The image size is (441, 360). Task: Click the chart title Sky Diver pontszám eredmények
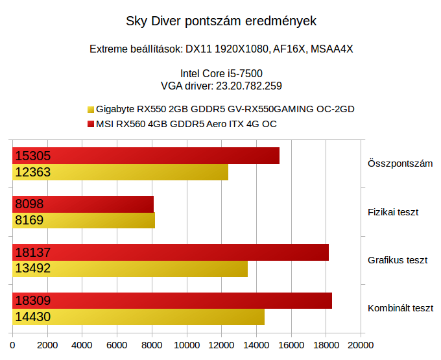click(220, 21)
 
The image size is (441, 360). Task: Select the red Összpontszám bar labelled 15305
click(146, 156)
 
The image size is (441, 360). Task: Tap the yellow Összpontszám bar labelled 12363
click(121, 172)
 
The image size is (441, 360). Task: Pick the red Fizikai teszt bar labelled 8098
click(83, 204)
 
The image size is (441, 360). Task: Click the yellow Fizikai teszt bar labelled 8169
click(84, 221)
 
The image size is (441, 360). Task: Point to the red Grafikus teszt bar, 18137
click(171, 252)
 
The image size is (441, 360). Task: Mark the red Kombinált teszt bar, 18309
click(173, 301)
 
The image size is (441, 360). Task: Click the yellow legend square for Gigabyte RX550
click(90, 109)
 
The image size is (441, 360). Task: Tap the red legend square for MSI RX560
click(90, 124)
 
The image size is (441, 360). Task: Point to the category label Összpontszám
click(400, 163)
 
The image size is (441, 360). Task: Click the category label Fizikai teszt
click(393, 212)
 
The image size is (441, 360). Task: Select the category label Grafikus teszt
click(398, 260)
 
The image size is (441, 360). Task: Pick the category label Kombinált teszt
click(400, 309)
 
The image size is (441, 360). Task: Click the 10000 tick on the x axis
click(187, 345)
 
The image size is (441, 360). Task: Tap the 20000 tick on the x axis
click(360, 345)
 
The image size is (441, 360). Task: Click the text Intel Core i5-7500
click(220, 73)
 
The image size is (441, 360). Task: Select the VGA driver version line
click(220, 85)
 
